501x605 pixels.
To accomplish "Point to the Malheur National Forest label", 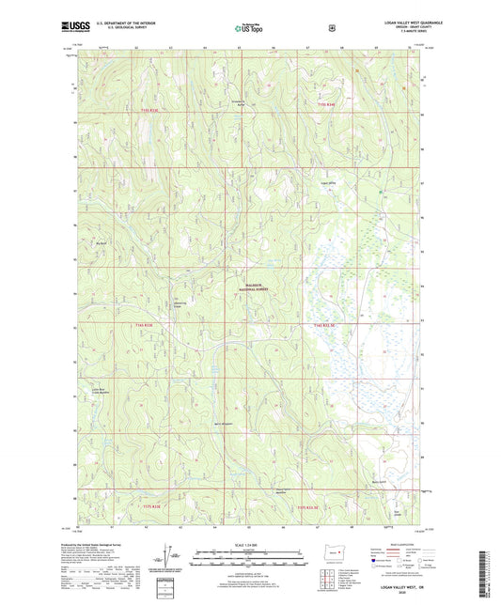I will (249, 288).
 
